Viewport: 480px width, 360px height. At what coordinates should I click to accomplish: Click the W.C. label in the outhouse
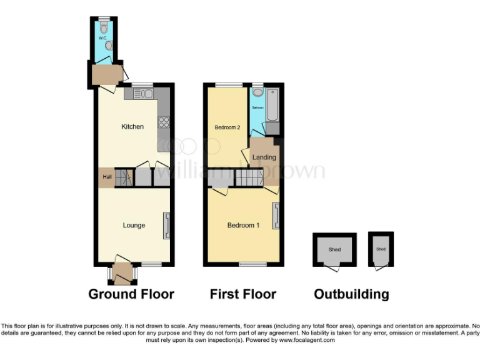[103, 37]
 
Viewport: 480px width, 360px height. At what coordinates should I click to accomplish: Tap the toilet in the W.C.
[103, 26]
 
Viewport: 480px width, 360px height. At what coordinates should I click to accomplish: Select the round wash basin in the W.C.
[109, 46]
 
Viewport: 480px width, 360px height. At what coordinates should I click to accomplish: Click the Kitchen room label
[132, 127]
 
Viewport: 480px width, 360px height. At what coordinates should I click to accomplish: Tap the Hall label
[106, 177]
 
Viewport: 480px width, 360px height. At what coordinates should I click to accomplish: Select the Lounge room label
[134, 226]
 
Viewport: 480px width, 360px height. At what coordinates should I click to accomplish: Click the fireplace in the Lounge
[166, 226]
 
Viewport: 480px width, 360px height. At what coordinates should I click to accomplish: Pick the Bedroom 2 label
[227, 127]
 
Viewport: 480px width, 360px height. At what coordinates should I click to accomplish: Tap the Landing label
[264, 157]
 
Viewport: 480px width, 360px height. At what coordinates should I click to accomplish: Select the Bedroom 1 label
[243, 226]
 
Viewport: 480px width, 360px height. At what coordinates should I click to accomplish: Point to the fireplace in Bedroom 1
[276, 216]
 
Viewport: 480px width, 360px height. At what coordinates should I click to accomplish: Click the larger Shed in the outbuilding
[334, 250]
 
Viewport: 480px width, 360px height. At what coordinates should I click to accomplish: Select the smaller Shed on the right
[381, 249]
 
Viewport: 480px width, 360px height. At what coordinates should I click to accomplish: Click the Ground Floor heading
[131, 294]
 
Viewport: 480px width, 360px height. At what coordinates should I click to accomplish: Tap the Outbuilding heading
[351, 294]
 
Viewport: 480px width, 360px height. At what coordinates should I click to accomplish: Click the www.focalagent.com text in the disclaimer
[307, 341]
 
